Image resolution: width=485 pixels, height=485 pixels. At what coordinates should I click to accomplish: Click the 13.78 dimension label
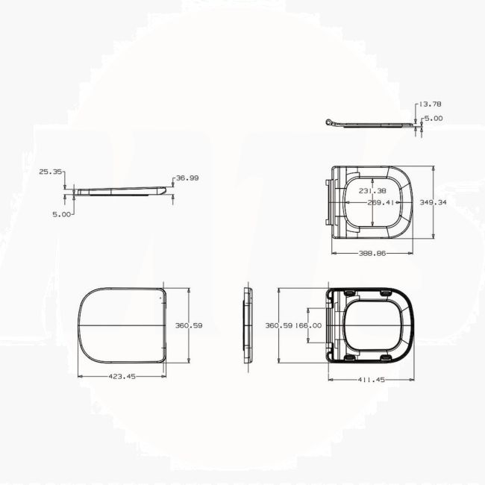click(x=431, y=104)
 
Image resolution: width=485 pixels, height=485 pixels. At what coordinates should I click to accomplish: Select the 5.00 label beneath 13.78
click(x=433, y=118)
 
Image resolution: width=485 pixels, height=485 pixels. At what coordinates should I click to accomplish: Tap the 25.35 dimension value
click(x=50, y=172)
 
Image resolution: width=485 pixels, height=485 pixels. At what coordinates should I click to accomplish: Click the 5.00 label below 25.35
click(x=63, y=214)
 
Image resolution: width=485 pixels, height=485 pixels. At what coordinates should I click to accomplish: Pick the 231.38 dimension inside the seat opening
click(x=372, y=191)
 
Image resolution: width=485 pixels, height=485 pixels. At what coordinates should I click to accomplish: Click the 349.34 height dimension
click(x=434, y=202)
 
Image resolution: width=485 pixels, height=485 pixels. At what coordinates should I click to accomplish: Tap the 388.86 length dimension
click(x=372, y=254)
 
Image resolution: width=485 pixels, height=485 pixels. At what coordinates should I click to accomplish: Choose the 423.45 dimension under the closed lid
click(x=122, y=377)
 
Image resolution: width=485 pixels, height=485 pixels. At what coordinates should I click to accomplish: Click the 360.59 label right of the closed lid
click(x=189, y=325)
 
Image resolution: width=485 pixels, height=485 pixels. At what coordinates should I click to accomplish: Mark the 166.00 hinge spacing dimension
click(x=308, y=325)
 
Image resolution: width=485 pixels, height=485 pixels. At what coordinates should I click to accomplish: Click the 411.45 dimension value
click(x=370, y=380)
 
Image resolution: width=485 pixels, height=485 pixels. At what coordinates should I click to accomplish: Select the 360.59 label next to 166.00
click(x=280, y=325)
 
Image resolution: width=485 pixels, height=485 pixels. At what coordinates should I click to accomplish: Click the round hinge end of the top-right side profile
click(x=329, y=122)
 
